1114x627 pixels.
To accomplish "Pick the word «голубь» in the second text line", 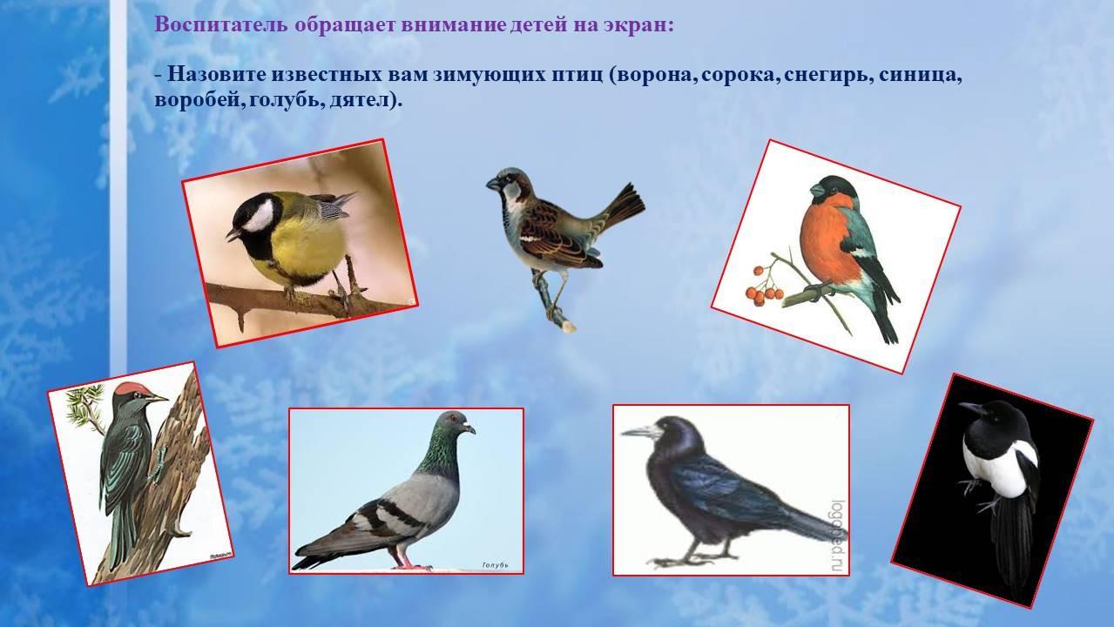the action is (x=280, y=100).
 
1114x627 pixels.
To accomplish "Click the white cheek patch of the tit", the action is (x=259, y=216).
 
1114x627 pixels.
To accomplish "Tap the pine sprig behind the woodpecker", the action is (x=85, y=406).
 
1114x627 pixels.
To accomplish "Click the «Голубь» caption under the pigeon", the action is (x=496, y=565).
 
